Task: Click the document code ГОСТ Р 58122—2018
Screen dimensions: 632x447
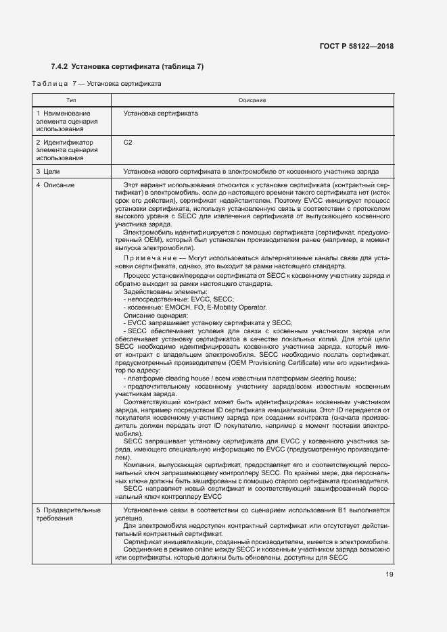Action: click(x=356, y=47)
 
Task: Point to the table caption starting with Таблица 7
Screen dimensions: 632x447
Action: click(x=96, y=83)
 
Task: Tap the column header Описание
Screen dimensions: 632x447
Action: click(x=252, y=100)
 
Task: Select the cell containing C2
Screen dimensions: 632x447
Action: click(x=128, y=143)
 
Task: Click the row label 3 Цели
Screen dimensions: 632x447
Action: click(x=50, y=172)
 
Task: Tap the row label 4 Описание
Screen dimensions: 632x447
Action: click(x=55, y=185)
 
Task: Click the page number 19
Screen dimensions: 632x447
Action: click(x=389, y=575)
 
